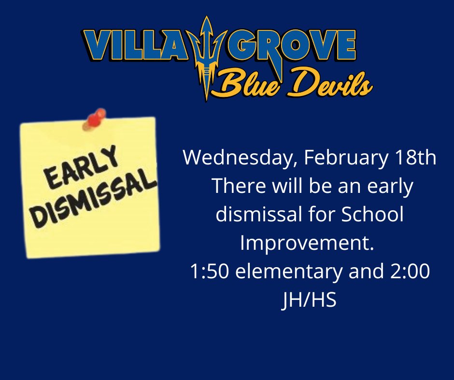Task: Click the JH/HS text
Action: click(x=309, y=300)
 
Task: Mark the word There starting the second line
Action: click(x=236, y=187)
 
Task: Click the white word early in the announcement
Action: click(x=391, y=187)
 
